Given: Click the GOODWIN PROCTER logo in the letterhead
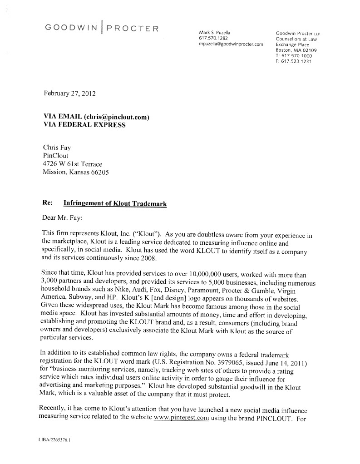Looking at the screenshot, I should click(102, 28).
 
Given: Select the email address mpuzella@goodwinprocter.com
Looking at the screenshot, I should click(231, 44).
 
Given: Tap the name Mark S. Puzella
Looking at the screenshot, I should click(216, 33).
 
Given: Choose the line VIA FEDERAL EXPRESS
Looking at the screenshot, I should click(84, 125).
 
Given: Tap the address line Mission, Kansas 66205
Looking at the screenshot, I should click(75, 172).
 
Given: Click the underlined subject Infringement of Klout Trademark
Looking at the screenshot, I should click(115, 204).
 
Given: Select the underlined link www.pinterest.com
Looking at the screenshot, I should click(181, 418).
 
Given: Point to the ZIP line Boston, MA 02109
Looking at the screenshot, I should click(296, 50).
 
